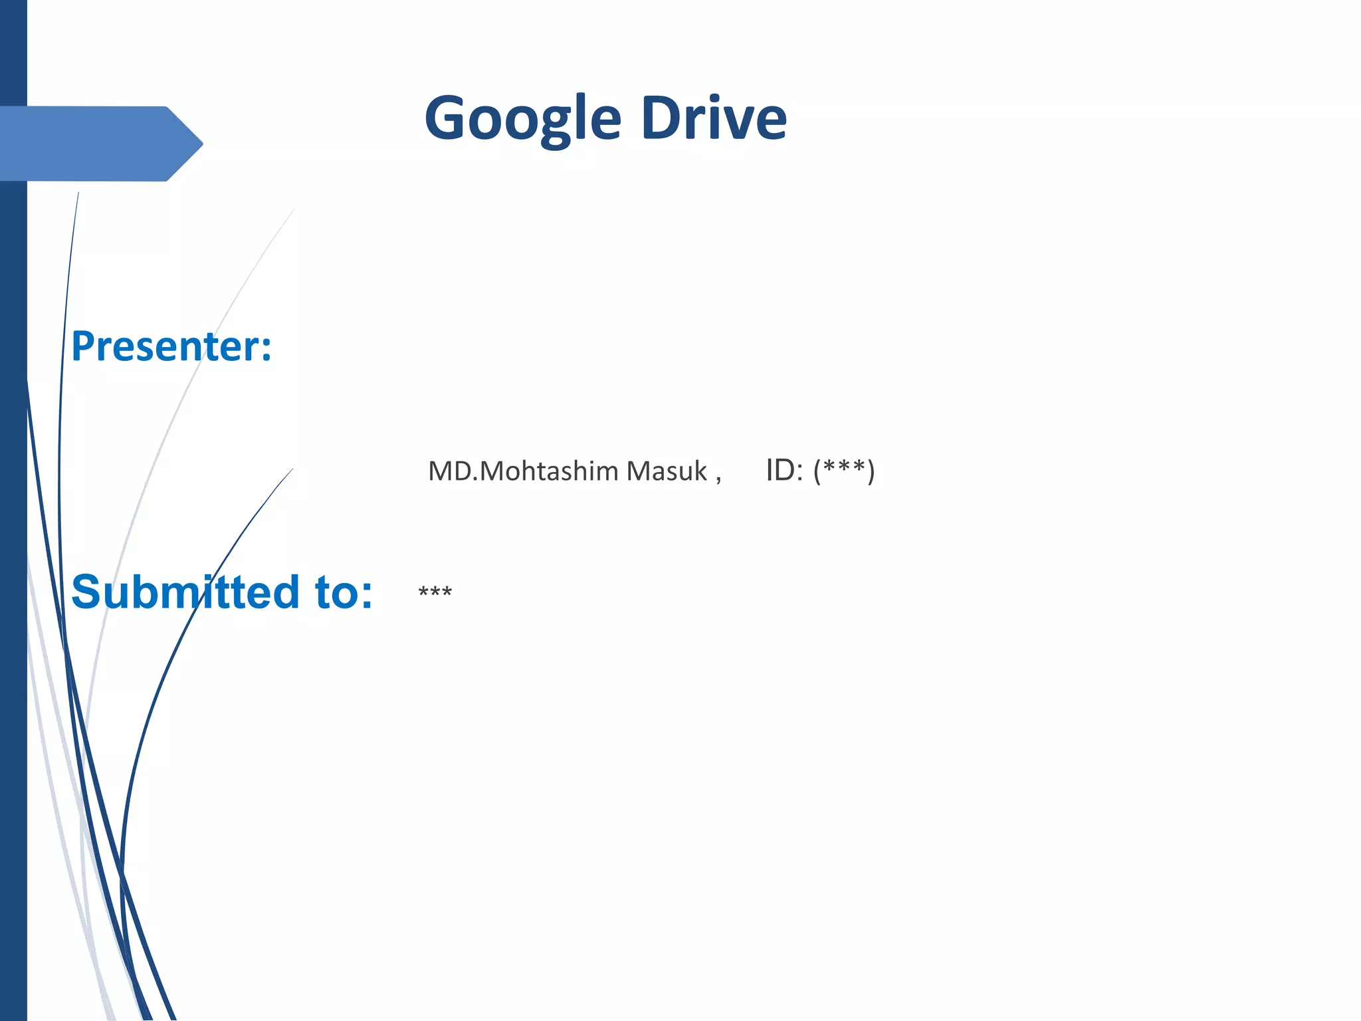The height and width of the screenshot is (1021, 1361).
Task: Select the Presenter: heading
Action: coord(171,346)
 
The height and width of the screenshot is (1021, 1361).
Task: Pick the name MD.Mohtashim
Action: coord(523,471)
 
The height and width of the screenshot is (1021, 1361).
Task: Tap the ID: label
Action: coord(784,471)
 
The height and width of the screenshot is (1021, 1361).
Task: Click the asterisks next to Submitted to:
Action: coord(435,591)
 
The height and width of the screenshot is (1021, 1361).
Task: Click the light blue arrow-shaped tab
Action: coord(93,144)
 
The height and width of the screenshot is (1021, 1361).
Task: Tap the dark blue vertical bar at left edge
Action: coord(13,532)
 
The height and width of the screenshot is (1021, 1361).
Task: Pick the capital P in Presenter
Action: coord(84,346)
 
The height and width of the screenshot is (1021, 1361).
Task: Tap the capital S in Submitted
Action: coord(88,592)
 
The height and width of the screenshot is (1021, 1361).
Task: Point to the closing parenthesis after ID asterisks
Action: coord(871,471)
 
